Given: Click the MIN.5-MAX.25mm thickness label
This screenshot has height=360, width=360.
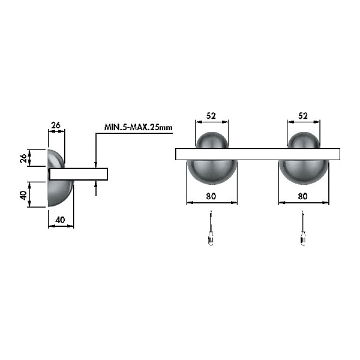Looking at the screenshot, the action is (138, 127).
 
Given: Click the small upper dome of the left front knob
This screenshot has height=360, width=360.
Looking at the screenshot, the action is (212, 140).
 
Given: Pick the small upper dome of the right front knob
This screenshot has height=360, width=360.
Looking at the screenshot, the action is (304, 140).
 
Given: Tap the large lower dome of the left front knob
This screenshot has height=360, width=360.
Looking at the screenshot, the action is (212, 172).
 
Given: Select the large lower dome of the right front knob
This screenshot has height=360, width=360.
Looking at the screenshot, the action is (304, 172).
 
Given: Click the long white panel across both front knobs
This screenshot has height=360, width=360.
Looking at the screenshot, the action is (257, 154).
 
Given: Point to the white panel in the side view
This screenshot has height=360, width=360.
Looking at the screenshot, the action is (79, 174).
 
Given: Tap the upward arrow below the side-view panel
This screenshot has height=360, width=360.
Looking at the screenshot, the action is (96, 188).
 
